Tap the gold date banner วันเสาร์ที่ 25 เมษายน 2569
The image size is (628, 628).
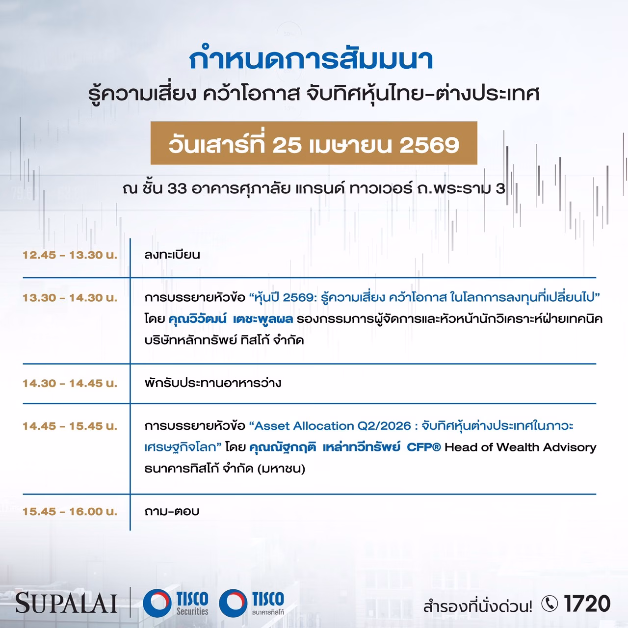click(x=314, y=143)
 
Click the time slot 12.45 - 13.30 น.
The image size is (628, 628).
click(x=70, y=255)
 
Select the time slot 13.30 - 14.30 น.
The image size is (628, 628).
click(x=70, y=298)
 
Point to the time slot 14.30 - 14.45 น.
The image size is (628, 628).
click(x=70, y=383)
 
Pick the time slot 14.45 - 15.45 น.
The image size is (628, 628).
click(x=70, y=426)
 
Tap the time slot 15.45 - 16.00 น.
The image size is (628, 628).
click(x=70, y=511)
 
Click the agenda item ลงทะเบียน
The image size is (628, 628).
click(x=172, y=255)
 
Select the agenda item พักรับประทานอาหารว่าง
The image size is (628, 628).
click(x=212, y=383)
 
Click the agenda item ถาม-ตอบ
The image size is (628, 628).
click(x=172, y=511)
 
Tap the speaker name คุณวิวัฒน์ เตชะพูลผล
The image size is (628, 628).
click(x=231, y=319)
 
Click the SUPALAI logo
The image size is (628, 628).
click(x=66, y=602)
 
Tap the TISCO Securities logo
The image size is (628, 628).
click(x=175, y=602)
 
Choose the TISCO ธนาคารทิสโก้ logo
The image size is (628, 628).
click(x=251, y=602)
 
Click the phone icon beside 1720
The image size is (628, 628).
click(x=550, y=603)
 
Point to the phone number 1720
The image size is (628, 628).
click(x=587, y=603)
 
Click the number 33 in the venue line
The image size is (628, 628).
click(x=177, y=189)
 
